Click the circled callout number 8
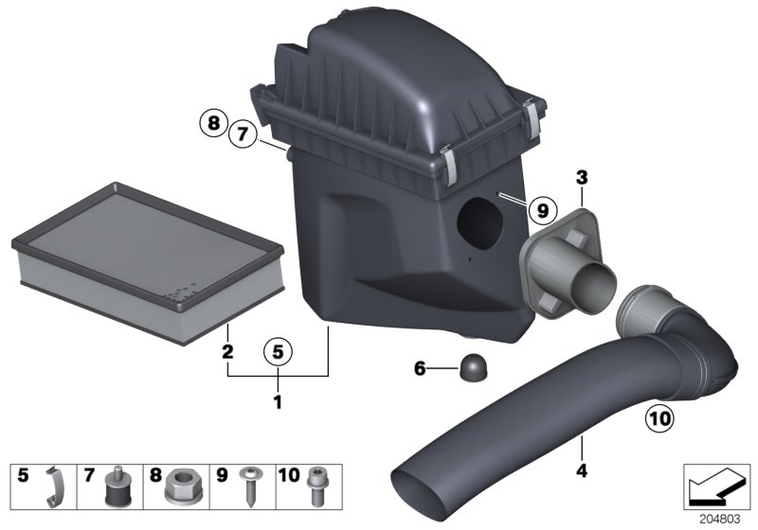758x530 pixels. coord(213,122)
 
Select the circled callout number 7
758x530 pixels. coord(243,135)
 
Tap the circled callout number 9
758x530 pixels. coord(538,209)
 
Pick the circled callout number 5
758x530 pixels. coord(277,352)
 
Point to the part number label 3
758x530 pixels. coord(581,177)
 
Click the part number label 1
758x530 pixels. coord(278,402)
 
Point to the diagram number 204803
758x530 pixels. coord(716,519)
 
